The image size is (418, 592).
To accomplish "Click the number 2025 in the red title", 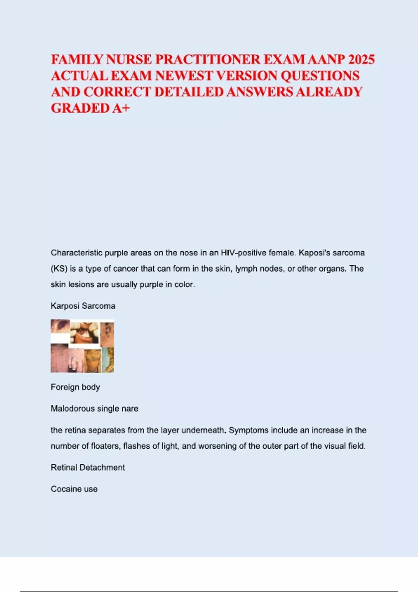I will pos(361,60).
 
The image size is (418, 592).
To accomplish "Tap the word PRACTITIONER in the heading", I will pos(208,60).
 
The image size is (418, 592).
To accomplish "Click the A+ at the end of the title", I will pos(121,108).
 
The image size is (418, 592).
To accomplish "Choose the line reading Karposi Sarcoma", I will pos(83,306).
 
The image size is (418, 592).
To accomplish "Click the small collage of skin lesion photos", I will pos(82,346).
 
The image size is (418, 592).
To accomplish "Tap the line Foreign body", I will pos(75,387).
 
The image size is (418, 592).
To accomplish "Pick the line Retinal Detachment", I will pos(88,468).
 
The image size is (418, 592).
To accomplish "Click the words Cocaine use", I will pos(74,489).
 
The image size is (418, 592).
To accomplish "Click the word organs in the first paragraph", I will pos(334,269).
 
